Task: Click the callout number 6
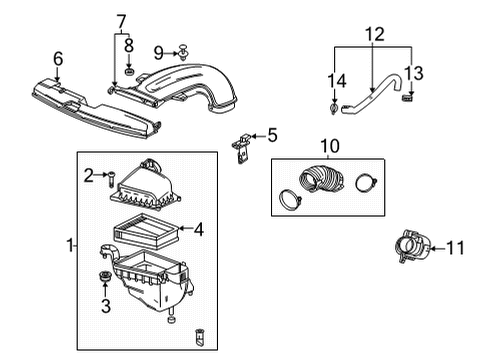click(x=58, y=59)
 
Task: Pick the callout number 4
click(x=199, y=229)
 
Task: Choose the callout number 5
click(x=271, y=133)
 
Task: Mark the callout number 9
click(x=158, y=51)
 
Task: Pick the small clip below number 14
click(x=333, y=108)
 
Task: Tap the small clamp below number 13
click(x=407, y=97)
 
